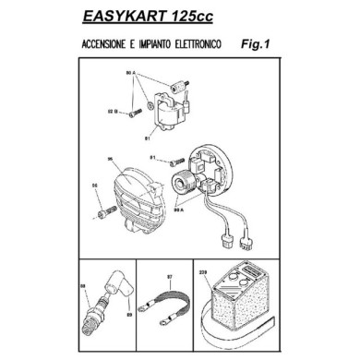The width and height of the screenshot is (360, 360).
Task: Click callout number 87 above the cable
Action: [170, 276]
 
